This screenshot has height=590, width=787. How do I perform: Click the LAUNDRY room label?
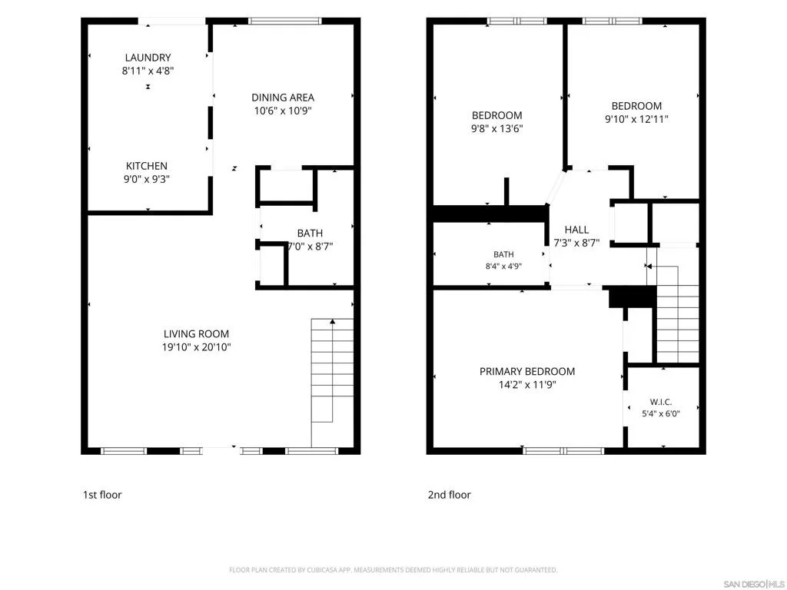point(148,58)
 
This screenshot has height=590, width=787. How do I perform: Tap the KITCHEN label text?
point(147,166)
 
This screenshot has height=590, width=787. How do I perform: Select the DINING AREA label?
point(283,98)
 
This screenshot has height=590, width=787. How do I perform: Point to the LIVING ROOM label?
point(196,334)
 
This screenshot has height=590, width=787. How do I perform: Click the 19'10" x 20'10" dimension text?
point(196,347)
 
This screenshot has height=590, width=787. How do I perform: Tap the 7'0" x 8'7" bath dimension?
point(310,247)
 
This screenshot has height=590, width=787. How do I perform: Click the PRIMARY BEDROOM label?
point(527,372)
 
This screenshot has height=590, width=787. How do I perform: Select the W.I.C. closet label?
point(661,402)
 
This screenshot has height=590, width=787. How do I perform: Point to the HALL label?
point(576,230)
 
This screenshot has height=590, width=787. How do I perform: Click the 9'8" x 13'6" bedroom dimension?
point(497,128)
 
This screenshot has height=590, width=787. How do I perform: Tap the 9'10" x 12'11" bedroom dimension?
point(636,119)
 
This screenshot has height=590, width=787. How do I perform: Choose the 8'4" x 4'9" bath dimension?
point(503,267)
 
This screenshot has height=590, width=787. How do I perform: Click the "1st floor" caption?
point(102,495)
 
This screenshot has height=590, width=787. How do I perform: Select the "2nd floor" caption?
point(449,495)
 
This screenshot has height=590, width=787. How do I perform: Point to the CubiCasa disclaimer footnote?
point(393,570)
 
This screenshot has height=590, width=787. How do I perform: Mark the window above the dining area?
point(285,21)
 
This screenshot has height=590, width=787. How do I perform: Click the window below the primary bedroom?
point(563,451)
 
